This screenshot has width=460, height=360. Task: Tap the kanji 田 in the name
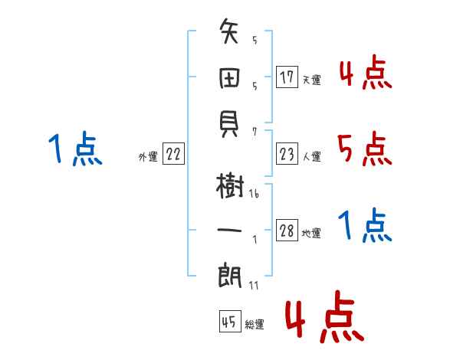[x=231, y=77]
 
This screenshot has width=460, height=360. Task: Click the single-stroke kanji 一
[x=231, y=229]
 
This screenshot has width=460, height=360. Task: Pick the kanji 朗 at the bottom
[x=231, y=273]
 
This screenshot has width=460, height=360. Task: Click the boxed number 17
[x=287, y=77]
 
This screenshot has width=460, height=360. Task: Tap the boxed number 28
[x=287, y=231]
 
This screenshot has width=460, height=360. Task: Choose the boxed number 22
[x=174, y=155]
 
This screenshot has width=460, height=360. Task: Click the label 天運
[x=311, y=80]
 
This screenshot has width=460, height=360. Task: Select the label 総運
[x=255, y=325]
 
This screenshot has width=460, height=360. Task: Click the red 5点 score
[x=365, y=149]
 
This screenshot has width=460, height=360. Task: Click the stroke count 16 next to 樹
[x=254, y=195]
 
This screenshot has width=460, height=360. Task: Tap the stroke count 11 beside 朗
[x=254, y=286]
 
